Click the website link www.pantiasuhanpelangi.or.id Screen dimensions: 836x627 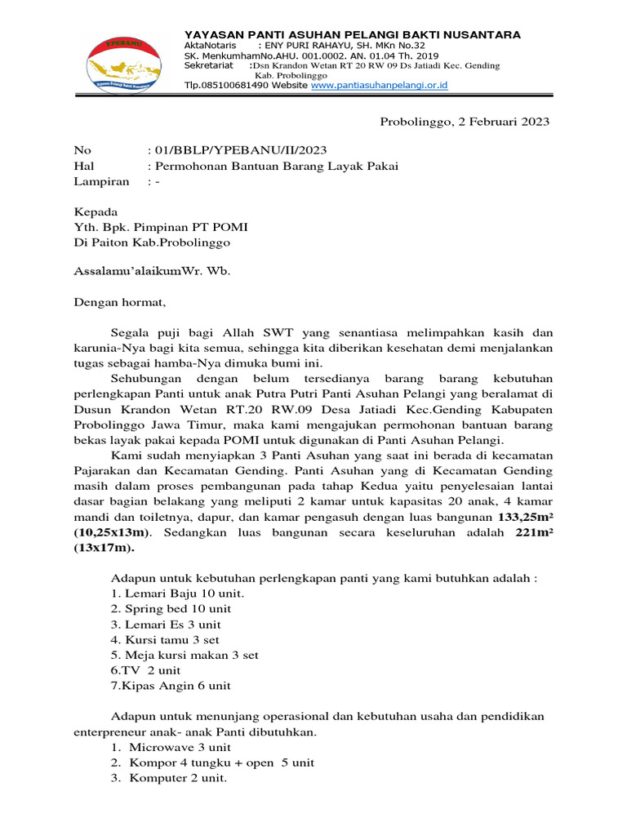pyautogui.click(x=379, y=85)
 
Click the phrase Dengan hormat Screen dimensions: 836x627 pyautogui.click(x=119, y=302)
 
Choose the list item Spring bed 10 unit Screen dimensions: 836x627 pyautogui.click(x=171, y=609)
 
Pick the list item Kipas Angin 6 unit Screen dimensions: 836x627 pyautogui.click(x=171, y=686)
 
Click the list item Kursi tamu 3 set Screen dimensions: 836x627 pyautogui.click(x=165, y=640)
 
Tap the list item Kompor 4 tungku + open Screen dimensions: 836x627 pyautogui.click(x=204, y=763)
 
